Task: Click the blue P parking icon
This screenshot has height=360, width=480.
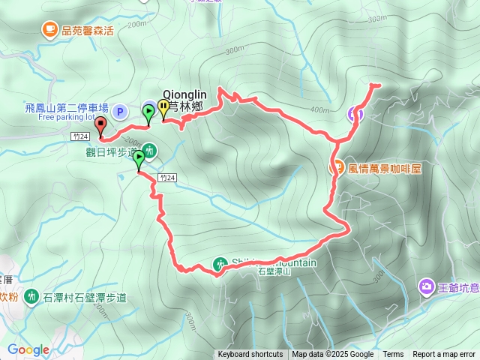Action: pyautogui.click(x=119, y=113)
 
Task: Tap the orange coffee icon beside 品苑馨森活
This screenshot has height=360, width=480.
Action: pyautogui.click(x=49, y=30)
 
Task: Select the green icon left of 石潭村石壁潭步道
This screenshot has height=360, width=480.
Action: pyautogui.click(x=31, y=297)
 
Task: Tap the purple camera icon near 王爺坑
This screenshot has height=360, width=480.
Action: pyautogui.click(x=426, y=286)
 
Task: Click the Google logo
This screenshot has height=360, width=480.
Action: pyautogui.click(x=28, y=350)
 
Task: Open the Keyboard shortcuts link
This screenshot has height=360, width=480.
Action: pyautogui.click(x=250, y=355)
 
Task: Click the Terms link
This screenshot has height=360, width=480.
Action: pyautogui.click(x=393, y=355)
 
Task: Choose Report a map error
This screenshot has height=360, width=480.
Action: pyautogui.click(x=445, y=355)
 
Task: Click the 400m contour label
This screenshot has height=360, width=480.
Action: pyautogui.click(x=319, y=111)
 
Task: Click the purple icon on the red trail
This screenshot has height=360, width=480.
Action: pyautogui.click(x=355, y=114)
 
